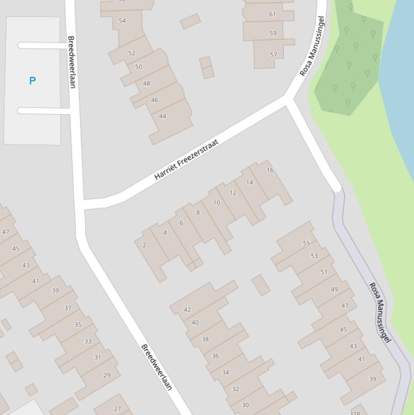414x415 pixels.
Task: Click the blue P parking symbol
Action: click(32, 80)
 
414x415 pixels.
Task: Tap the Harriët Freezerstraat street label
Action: click(186, 160)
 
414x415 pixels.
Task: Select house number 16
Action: click(270, 170)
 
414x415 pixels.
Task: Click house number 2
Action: click(144, 245)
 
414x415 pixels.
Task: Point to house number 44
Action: click(163, 116)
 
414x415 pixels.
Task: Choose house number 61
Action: click(272, 14)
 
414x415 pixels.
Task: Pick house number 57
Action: click(273, 54)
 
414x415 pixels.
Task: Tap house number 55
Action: click(306, 243)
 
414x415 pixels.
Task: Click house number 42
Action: click(187, 309)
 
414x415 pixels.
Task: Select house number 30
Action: click(245, 405)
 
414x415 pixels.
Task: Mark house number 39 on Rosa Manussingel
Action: click(373, 379)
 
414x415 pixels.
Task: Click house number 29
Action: click(107, 375)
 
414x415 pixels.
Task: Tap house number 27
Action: click(117, 409)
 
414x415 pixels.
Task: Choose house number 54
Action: click(122, 20)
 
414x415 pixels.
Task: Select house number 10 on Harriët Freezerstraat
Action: click(216, 203)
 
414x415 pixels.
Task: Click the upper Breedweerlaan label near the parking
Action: click(72, 62)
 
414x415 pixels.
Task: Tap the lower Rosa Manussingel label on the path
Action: click(380, 312)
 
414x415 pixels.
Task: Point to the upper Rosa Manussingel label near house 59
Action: click(312, 46)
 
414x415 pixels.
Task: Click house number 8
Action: click(198, 212)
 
